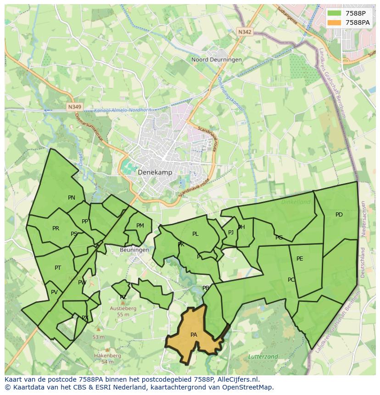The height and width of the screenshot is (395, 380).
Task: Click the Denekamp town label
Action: click(x=156, y=172)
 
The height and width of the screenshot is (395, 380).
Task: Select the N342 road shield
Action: click(x=245, y=32)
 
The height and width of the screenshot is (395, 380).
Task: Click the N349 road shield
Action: click(x=74, y=107)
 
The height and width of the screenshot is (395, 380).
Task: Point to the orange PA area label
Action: click(x=194, y=335)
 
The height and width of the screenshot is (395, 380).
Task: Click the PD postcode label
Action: click(x=339, y=215)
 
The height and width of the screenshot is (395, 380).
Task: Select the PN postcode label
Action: click(x=72, y=198)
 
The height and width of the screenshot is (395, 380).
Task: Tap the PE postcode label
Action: click(x=300, y=259)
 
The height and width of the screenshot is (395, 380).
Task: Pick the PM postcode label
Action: click(x=140, y=225)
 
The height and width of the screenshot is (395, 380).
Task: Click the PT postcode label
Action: click(x=58, y=268)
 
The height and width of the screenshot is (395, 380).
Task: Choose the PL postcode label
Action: click(x=195, y=234)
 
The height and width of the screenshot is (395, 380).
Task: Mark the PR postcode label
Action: click(x=56, y=228)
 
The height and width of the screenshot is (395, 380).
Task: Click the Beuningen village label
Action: click(x=134, y=250)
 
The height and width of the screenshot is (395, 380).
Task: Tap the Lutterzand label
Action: click(x=263, y=356)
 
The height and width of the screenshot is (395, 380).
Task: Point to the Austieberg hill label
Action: click(x=123, y=309)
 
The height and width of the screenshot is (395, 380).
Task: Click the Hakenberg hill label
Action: click(x=107, y=356)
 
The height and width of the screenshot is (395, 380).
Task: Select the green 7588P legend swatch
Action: click(x=335, y=13)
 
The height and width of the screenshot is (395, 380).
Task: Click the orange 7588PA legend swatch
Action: click(x=335, y=22)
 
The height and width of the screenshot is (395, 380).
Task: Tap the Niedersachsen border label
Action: click(x=363, y=218)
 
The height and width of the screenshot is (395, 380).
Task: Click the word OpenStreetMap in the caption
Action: click(x=247, y=387)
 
